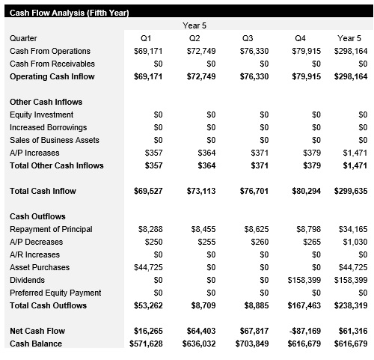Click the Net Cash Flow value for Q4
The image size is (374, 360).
[x=306, y=331]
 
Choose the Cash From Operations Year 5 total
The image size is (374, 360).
[x=352, y=51]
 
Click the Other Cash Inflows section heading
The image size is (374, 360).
[x=46, y=102]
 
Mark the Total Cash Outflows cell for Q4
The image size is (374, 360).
[x=307, y=305]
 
